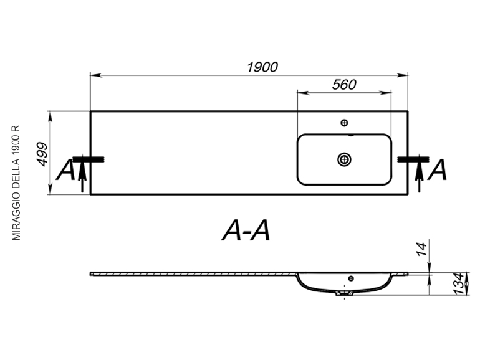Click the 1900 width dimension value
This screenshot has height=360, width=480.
pos(262,67)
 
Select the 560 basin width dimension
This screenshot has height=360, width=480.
pos(344,85)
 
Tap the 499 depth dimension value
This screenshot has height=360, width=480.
pos(42,154)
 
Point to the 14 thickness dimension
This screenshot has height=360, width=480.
pos(422,249)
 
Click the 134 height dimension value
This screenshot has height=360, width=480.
pos(459,284)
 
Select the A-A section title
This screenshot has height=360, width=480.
pos(246,230)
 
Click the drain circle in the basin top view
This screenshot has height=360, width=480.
pos(344,159)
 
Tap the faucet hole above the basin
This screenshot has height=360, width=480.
pos(344,123)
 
